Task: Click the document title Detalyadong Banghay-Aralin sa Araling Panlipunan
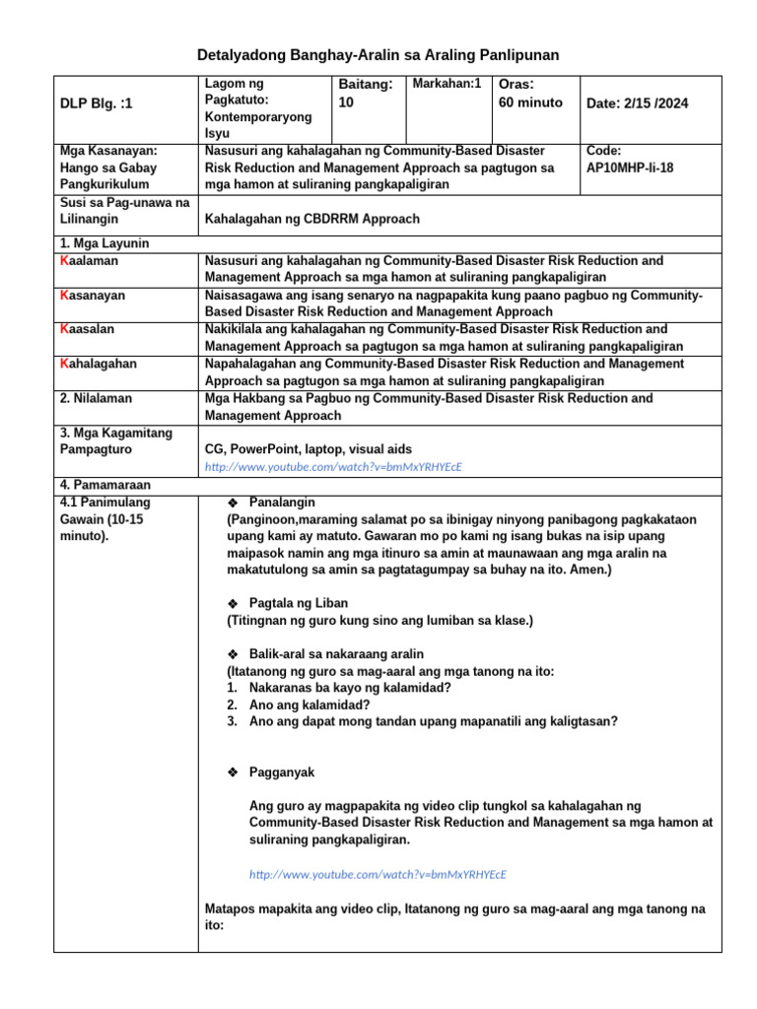click(x=378, y=55)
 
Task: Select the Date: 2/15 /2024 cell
click(x=637, y=103)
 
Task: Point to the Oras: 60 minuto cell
click(x=531, y=95)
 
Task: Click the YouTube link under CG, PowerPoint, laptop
click(x=333, y=466)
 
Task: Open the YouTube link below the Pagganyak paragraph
click(x=378, y=874)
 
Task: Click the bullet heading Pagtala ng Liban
click(x=298, y=603)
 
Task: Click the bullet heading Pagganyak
click(x=282, y=773)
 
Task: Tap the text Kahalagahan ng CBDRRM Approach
click(x=311, y=219)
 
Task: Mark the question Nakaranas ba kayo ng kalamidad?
click(x=350, y=688)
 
